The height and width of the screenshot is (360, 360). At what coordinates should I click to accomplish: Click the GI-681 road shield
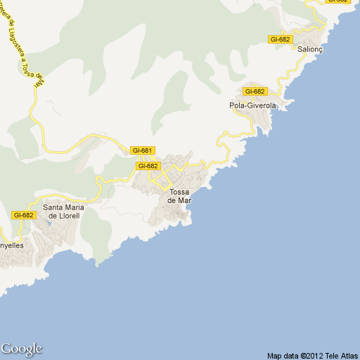coord(142,150)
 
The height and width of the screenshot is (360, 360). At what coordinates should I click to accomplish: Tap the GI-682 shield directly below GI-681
coord(148,166)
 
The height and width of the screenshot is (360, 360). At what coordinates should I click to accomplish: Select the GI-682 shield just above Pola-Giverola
coord(255,91)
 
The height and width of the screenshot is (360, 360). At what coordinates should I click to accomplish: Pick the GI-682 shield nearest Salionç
coord(281,39)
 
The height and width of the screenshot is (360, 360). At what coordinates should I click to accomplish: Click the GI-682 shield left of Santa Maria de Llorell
coord(23,215)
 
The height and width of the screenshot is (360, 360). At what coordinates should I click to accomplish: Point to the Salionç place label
coord(309,51)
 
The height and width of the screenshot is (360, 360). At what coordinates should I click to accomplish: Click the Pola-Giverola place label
coord(251,105)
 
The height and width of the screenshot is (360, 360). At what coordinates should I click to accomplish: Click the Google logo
coord(21,349)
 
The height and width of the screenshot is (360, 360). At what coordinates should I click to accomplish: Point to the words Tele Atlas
coord(341,355)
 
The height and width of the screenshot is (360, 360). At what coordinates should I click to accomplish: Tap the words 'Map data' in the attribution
coord(283,355)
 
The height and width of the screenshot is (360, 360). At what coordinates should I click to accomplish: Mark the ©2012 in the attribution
coord(312,355)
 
